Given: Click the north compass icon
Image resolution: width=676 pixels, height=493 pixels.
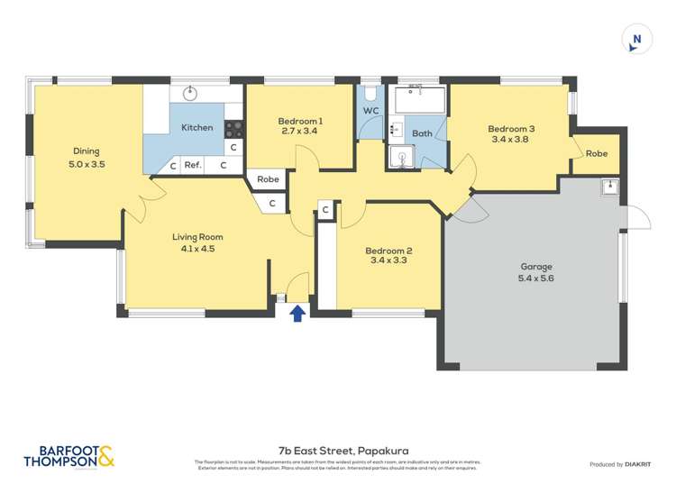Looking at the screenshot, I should coord(636,40).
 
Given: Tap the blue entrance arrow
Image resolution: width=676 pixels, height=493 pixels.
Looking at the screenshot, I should coord(297,312).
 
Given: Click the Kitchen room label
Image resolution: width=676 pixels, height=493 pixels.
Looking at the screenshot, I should coord(197,127).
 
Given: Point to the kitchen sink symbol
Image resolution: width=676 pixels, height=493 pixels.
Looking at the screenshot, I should coord(191,93).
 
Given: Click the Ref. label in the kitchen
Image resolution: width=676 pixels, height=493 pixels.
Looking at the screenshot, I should coord(192,166).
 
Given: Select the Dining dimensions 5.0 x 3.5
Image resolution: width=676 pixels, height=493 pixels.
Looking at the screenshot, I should coord(87,165).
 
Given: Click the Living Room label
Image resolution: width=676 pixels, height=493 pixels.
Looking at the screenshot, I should coord(197,237).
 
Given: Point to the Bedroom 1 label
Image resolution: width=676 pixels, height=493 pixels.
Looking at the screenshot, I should coord(299,121).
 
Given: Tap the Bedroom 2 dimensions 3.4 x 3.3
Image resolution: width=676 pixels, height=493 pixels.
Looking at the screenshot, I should coord(389,263).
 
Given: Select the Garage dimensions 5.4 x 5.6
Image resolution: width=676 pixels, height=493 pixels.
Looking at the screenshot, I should coord(535,279).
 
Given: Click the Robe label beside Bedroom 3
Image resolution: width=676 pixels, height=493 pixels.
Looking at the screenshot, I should coord(596,153).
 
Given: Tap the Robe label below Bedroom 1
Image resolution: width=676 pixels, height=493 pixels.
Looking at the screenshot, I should coord(268,179).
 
